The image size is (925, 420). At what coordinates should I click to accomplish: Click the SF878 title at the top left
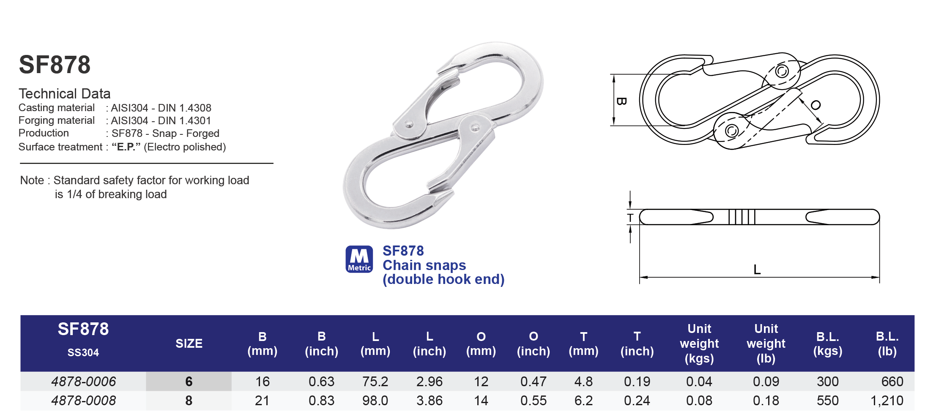pyautogui.click(x=55, y=65)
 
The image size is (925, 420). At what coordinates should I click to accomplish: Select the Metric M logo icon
pyautogui.click(x=359, y=259)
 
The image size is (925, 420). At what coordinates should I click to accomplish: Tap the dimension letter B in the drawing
pyautogui.click(x=621, y=101)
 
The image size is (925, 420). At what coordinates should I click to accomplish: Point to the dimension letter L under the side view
pyautogui.click(x=757, y=269)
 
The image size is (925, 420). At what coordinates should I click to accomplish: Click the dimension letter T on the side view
pyautogui.click(x=630, y=218)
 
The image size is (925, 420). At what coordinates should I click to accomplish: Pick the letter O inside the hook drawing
pyautogui.click(x=816, y=105)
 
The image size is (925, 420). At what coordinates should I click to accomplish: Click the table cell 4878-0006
pyautogui.click(x=83, y=382)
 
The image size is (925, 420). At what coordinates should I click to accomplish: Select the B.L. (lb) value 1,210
pyautogui.click(x=887, y=401)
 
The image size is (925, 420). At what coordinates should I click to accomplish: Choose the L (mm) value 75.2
pyautogui.click(x=375, y=382)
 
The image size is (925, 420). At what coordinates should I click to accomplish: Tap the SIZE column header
pyautogui.click(x=189, y=344)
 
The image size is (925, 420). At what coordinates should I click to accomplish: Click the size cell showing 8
pyautogui.click(x=189, y=401)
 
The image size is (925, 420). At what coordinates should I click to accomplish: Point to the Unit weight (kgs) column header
pyautogui.click(x=699, y=344)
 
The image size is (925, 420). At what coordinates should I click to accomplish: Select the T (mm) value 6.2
pyautogui.click(x=583, y=401)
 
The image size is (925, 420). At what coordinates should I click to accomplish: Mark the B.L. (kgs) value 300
pyautogui.click(x=827, y=382)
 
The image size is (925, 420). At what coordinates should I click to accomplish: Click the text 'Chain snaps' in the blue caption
pyautogui.click(x=424, y=265)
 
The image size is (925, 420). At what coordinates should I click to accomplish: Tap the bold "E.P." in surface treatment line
pyautogui.click(x=126, y=147)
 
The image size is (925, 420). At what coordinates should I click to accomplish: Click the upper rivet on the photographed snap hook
pyautogui.click(x=409, y=124)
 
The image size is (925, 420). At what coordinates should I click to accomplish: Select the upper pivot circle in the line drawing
pyautogui.click(x=782, y=71)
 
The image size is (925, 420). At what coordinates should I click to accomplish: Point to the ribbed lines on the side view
pyautogui.click(x=742, y=217)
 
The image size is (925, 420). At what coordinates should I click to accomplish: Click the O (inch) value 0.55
pyautogui.click(x=533, y=401)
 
